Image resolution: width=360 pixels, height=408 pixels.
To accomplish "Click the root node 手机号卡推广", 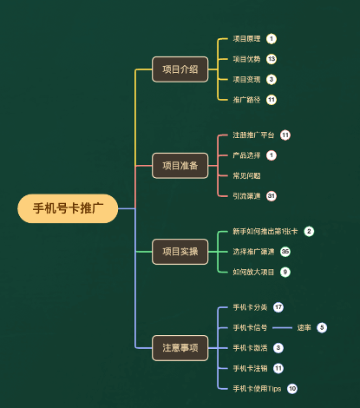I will click(68, 208).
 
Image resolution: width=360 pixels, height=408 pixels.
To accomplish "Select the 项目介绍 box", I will click(180, 69).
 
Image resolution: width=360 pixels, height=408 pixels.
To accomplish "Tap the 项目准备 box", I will click(180, 165).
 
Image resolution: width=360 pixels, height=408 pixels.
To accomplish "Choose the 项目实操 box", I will click(180, 252).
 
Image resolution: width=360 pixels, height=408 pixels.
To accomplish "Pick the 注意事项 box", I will click(180, 348).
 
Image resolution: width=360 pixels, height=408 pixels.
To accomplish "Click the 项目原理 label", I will click(246, 39).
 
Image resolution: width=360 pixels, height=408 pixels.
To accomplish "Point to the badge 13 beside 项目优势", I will click(272, 59).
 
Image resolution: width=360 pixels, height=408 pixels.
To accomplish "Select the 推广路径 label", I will click(246, 99).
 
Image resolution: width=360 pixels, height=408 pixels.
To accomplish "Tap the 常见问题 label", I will click(246, 175).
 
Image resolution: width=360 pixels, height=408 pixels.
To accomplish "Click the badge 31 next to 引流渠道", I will click(272, 195).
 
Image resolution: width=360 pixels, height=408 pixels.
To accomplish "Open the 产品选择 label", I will click(246, 155).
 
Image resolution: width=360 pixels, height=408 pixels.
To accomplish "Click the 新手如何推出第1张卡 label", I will click(265, 232).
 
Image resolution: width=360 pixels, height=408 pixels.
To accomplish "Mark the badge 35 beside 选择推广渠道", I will click(285, 252).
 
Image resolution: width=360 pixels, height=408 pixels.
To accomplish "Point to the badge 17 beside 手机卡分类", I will click(278, 307).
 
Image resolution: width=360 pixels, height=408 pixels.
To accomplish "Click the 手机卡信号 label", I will click(250, 327).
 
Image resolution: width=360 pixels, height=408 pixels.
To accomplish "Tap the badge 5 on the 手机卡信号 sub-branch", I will click(322, 327).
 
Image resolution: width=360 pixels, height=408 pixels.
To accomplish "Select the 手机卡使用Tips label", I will click(257, 388).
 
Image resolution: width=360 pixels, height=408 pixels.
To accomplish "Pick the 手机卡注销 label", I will click(250, 368).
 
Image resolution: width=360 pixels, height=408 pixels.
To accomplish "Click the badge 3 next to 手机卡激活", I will click(278, 347).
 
